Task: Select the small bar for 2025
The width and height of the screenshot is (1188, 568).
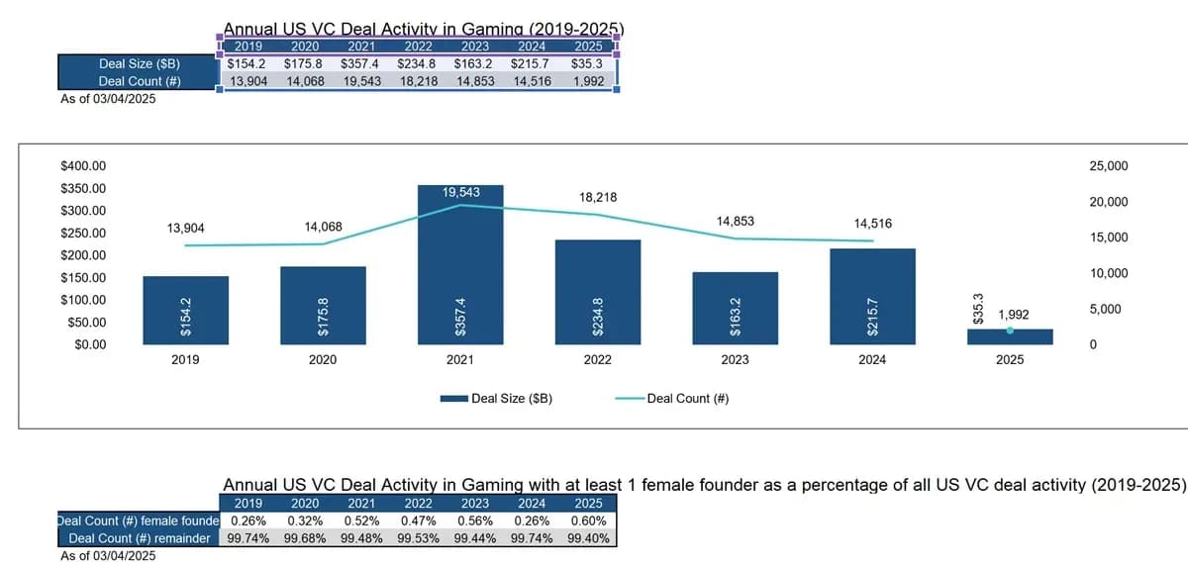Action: pyautogui.click(x=1010, y=336)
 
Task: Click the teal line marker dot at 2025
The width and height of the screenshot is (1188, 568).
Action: pyautogui.click(x=1010, y=331)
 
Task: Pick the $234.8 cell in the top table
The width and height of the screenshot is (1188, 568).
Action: pyautogui.click(x=417, y=63)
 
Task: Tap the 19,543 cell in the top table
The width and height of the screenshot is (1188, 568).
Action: pyautogui.click(x=360, y=81)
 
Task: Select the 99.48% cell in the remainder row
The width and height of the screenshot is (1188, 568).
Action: pyautogui.click(x=363, y=538)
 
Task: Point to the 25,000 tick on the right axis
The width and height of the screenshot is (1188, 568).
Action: pyautogui.click(x=1108, y=166)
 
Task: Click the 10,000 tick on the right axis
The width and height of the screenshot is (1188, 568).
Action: pyautogui.click(x=1108, y=274)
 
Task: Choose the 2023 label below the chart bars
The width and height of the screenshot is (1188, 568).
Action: pyautogui.click(x=735, y=360)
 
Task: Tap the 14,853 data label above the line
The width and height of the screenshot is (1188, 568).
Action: pyautogui.click(x=735, y=221)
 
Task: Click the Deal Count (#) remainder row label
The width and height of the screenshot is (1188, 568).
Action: pyautogui.click(x=139, y=538)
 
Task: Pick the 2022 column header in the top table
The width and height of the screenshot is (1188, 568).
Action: pyautogui.click(x=417, y=46)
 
